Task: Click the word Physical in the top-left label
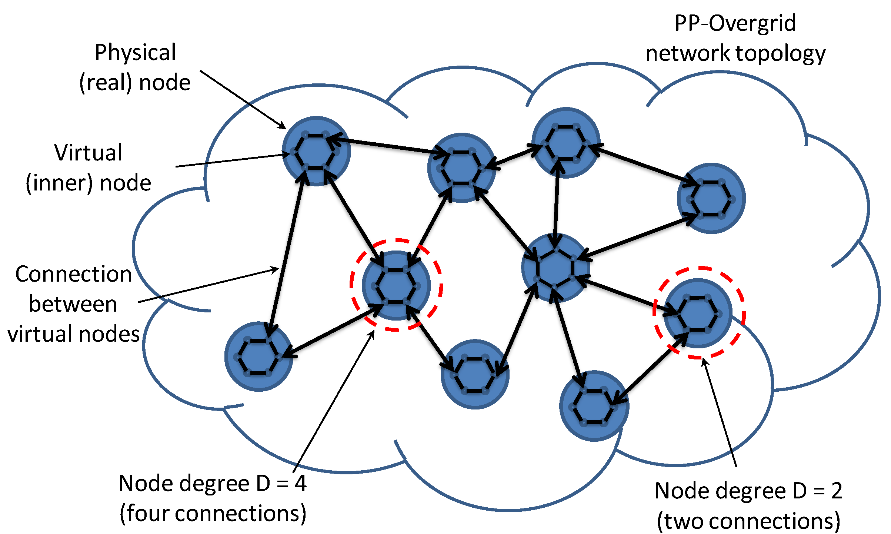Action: tap(135, 53)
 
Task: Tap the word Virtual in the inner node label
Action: tap(88, 153)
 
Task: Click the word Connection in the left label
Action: tap(73, 274)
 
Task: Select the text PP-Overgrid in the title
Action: tap(735, 23)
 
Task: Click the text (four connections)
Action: tap(213, 514)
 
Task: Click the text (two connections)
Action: tap(748, 521)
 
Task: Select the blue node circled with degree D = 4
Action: tap(396, 285)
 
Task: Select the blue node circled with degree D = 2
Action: tap(698, 314)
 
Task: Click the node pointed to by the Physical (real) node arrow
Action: tap(316, 151)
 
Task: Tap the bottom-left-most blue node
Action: tap(258, 356)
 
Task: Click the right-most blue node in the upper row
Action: tap(711, 198)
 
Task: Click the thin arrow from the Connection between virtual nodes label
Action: tap(207, 285)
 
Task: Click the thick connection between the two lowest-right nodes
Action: tap(650, 369)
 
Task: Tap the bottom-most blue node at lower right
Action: tap(594, 406)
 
